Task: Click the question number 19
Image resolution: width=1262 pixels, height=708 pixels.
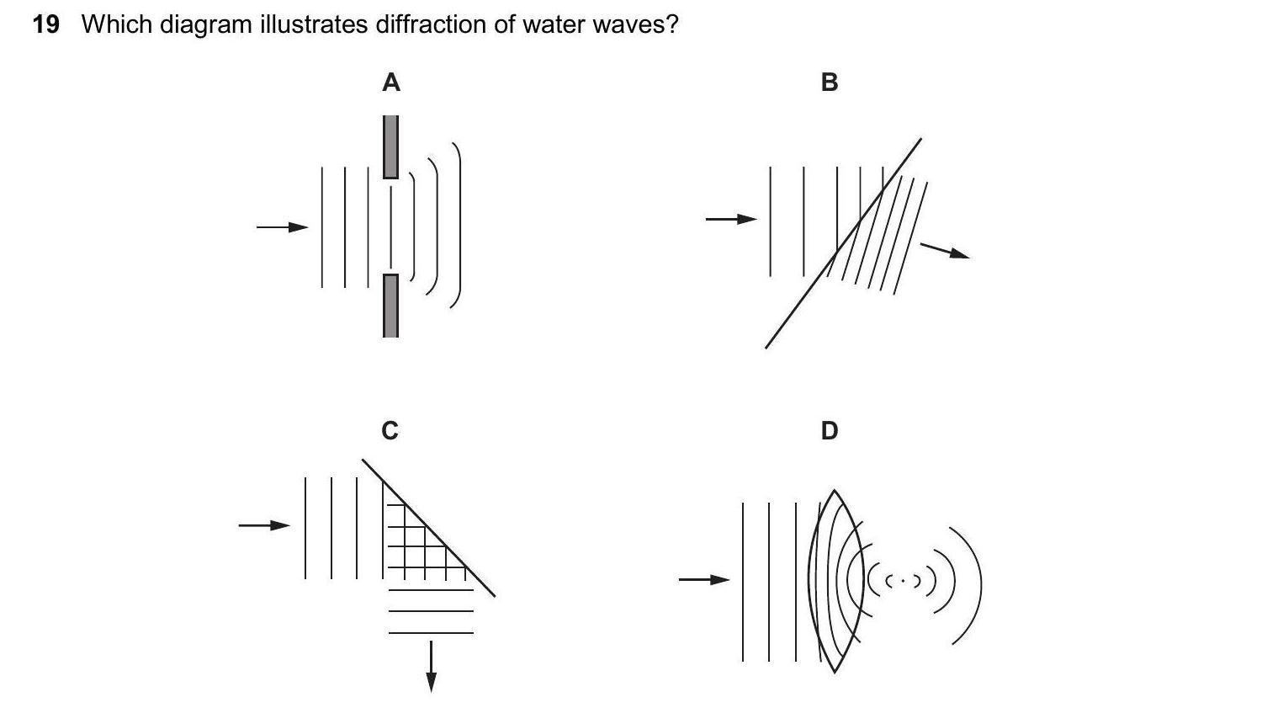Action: pos(45,24)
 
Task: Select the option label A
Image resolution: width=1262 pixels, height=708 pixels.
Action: pos(391,83)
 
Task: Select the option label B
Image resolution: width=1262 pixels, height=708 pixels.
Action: pos(829,83)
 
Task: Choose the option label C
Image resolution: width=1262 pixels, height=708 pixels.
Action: pos(390,430)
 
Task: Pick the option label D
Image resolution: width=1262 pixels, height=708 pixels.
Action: pos(829,430)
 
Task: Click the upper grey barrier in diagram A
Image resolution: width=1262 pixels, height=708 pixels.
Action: pos(390,146)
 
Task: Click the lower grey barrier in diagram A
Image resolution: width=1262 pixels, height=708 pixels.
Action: pos(390,305)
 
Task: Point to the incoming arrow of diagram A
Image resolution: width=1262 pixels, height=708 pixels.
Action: pos(283,226)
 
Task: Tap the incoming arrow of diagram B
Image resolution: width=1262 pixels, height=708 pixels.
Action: pos(731,219)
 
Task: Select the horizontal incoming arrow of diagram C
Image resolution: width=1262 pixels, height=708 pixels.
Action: pos(264,525)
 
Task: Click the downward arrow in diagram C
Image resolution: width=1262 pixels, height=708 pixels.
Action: pos(431,666)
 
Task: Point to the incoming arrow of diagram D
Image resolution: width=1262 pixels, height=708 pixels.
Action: pos(704,579)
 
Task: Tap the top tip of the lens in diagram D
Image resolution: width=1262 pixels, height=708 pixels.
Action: pos(834,491)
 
